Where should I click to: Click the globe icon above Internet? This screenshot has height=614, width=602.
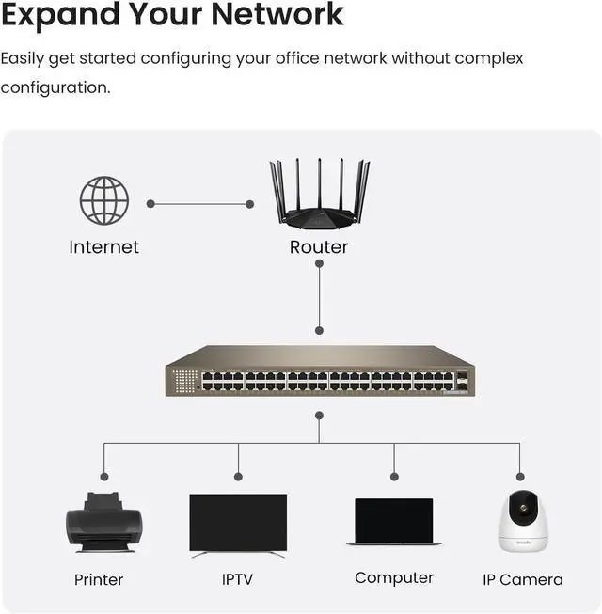104,200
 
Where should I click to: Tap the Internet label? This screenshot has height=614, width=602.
103,247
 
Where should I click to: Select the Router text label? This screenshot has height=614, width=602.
319,247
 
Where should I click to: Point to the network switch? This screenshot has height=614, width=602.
320,370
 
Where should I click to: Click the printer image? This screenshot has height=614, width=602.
104,523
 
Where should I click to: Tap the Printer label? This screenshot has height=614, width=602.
99,580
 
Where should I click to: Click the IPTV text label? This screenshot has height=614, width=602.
237,579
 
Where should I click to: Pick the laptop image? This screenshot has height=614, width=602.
394,522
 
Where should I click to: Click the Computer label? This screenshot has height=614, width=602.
394,578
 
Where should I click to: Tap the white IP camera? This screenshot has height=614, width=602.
523,521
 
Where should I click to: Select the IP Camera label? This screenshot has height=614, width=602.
523,580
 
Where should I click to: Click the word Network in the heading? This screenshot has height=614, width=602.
277,15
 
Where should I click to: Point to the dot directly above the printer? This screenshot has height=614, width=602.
104,477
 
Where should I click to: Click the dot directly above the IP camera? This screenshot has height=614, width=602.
520,477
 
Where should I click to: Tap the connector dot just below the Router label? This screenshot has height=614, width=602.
319,263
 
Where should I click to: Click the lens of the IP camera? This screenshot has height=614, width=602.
524,508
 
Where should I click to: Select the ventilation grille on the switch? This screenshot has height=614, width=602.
185,381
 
